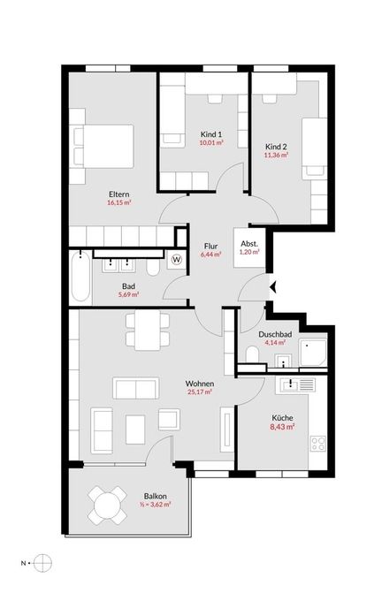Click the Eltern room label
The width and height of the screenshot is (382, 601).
click(x=118, y=194)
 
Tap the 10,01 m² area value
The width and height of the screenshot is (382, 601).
click(x=211, y=142)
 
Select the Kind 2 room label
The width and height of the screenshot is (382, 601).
click(x=276, y=147)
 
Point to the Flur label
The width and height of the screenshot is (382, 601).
click(x=211, y=246)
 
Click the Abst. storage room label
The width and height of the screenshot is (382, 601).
click(x=249, y=244)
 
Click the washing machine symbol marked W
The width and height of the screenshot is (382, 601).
click(x=177, y=260)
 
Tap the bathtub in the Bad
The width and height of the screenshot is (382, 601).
click(x=80, y=277)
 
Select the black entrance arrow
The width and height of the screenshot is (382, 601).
click(x=273, y=286)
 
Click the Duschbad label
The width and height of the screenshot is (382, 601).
click(x=275, y=334)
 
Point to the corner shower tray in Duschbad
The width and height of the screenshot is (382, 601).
click(x=313, y=353)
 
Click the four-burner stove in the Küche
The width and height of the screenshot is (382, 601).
click(x=318, y=444)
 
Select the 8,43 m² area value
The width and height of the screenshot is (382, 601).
click(x=283, y=427)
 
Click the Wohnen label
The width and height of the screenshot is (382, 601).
click(x=200, y=384)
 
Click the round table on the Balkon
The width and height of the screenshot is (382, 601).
click(x=107, y=506)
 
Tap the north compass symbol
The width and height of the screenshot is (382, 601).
click(x=42, y=563)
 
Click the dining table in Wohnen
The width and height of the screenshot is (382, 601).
click(x=148, y=330)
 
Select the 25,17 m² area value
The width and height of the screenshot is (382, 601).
click(x=200, y=392)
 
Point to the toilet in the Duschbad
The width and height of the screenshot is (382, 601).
click(x=252, y=354)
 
